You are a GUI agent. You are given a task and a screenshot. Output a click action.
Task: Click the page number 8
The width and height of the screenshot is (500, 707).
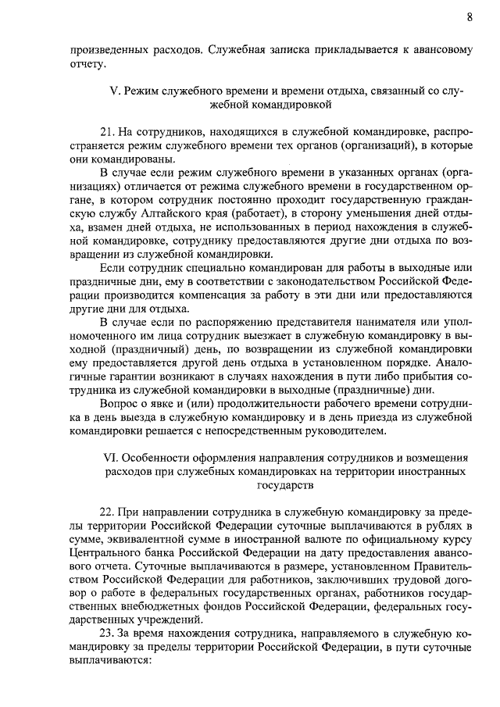(x=470, y=16)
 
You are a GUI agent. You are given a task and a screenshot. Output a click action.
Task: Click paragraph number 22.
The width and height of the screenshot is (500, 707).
(x=109, y=511)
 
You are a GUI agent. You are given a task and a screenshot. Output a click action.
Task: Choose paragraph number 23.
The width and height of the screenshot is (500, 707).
(x=109, y=631)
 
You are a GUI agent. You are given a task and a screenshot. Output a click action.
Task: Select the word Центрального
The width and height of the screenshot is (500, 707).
(x=106, y=552)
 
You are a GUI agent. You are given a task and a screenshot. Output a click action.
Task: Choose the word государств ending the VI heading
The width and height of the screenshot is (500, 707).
(x=283, y=484)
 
